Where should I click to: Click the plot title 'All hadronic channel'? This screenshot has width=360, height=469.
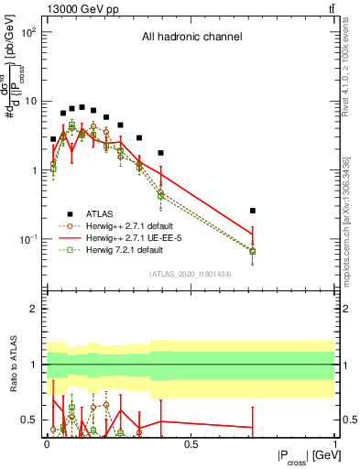coord(191,38)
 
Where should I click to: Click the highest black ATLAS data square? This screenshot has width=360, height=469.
coord(82,107)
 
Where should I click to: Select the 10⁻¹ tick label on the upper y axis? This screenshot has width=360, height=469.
coord(27,239)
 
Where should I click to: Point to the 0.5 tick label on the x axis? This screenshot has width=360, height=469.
coord(191,445)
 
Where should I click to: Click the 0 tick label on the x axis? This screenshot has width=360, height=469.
coord(47,445)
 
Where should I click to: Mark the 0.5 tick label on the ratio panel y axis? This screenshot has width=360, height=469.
coord(30,420)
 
